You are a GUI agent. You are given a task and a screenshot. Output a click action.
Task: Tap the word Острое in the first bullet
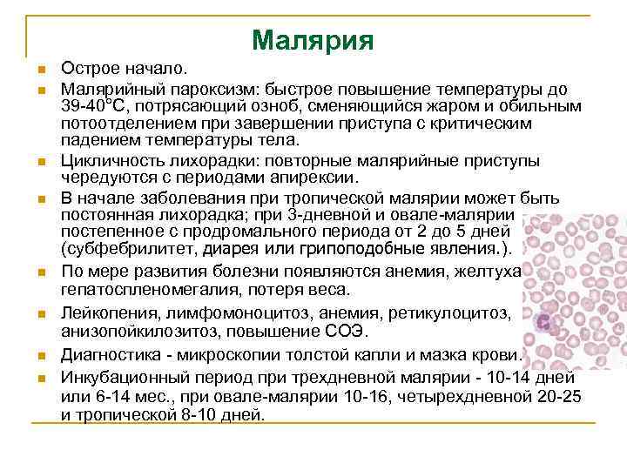[x=87, y=68]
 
